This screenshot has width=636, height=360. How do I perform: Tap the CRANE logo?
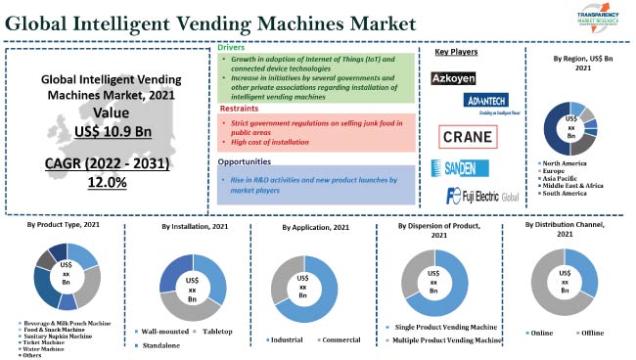click(x=467, y=137)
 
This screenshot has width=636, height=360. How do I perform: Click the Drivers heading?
click(x=231, y=47)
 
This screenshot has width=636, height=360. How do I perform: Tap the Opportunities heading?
click(x=245, y=162)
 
